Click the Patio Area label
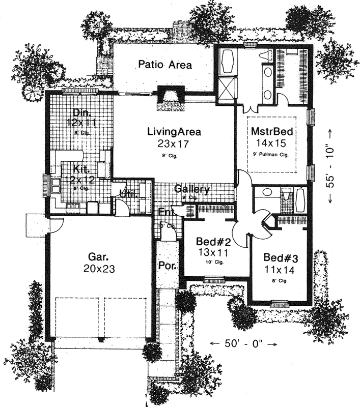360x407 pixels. pos(164,65)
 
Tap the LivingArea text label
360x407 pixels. pos(174,132)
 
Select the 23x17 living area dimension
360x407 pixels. pos(174,143)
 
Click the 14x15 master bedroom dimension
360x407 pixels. pos(271,143)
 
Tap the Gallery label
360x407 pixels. pos(192,189)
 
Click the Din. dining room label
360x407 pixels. pos(80,112)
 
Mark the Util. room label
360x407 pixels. pos(126,193)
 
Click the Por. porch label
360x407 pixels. pos(165,266)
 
